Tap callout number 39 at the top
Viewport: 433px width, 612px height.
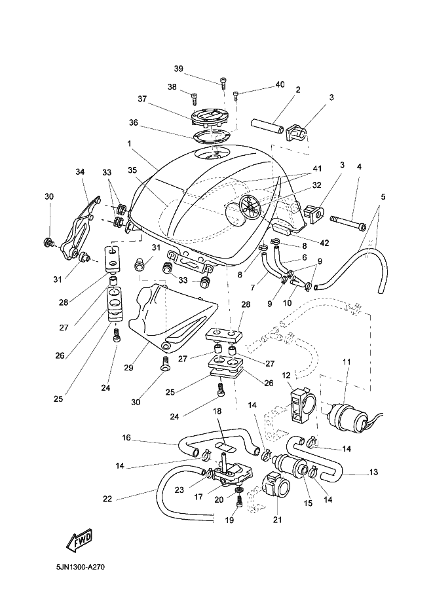tap(178, 69)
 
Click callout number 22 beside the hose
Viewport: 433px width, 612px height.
tap(107, 498)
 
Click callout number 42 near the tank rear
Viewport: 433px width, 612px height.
tap(324, 243)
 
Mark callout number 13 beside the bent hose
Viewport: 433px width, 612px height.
tap(373, 472)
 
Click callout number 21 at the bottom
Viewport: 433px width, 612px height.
tap(278, 520)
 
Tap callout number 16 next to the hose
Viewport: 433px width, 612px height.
tap(126, 437)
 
